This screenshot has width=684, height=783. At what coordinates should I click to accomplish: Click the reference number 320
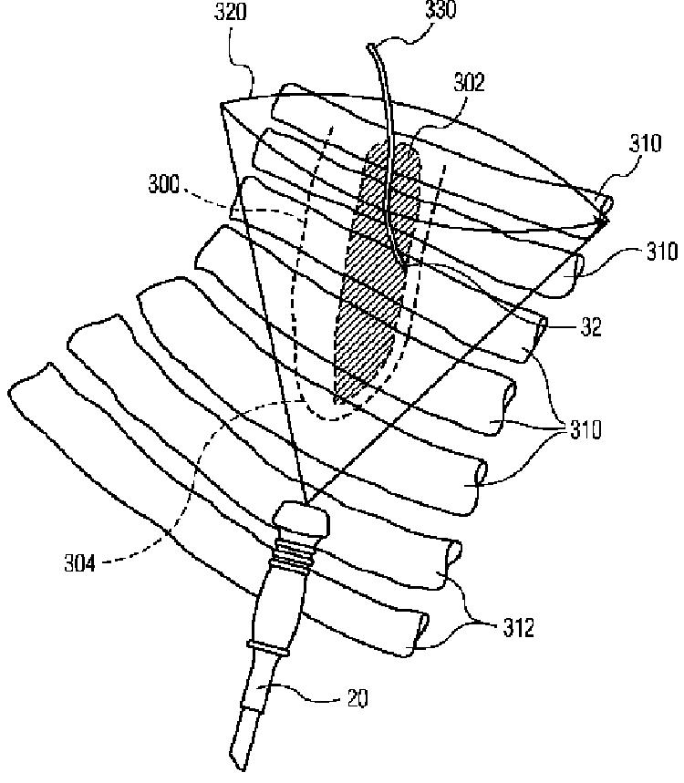pyautogui.click(x=231, y=12)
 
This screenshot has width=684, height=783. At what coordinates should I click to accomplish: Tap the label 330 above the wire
pyautogui.click(x=440, y=10)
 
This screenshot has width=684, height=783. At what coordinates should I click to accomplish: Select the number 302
pyautogui.click(x=469, y=82)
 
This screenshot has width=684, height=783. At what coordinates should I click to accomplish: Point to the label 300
pyautogui.click(x=163, y=184)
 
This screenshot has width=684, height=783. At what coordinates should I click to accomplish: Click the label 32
pyautogui.click(x=591, y=327)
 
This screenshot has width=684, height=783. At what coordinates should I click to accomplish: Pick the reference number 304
pyautogui.click(x=80, y=564)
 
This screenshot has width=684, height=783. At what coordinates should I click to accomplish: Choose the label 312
pyautogui.click(x=519, y=628)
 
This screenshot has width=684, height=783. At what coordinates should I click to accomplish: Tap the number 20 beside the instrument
pyautogui.click(x=358, y=697)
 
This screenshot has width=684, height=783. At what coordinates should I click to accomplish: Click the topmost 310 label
pyautogui.click(x=646, y=143)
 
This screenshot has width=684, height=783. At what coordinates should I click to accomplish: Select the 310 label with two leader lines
pyautogui.click(x=586, y=429)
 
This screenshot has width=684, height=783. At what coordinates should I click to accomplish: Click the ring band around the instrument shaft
pyautogui.click(x=267, y=648)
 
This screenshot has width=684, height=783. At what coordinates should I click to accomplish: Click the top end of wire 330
pyautogui.click(x=370, y=46)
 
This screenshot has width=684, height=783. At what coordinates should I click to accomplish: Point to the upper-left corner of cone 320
pyautogui.click(x=221, y=104)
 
